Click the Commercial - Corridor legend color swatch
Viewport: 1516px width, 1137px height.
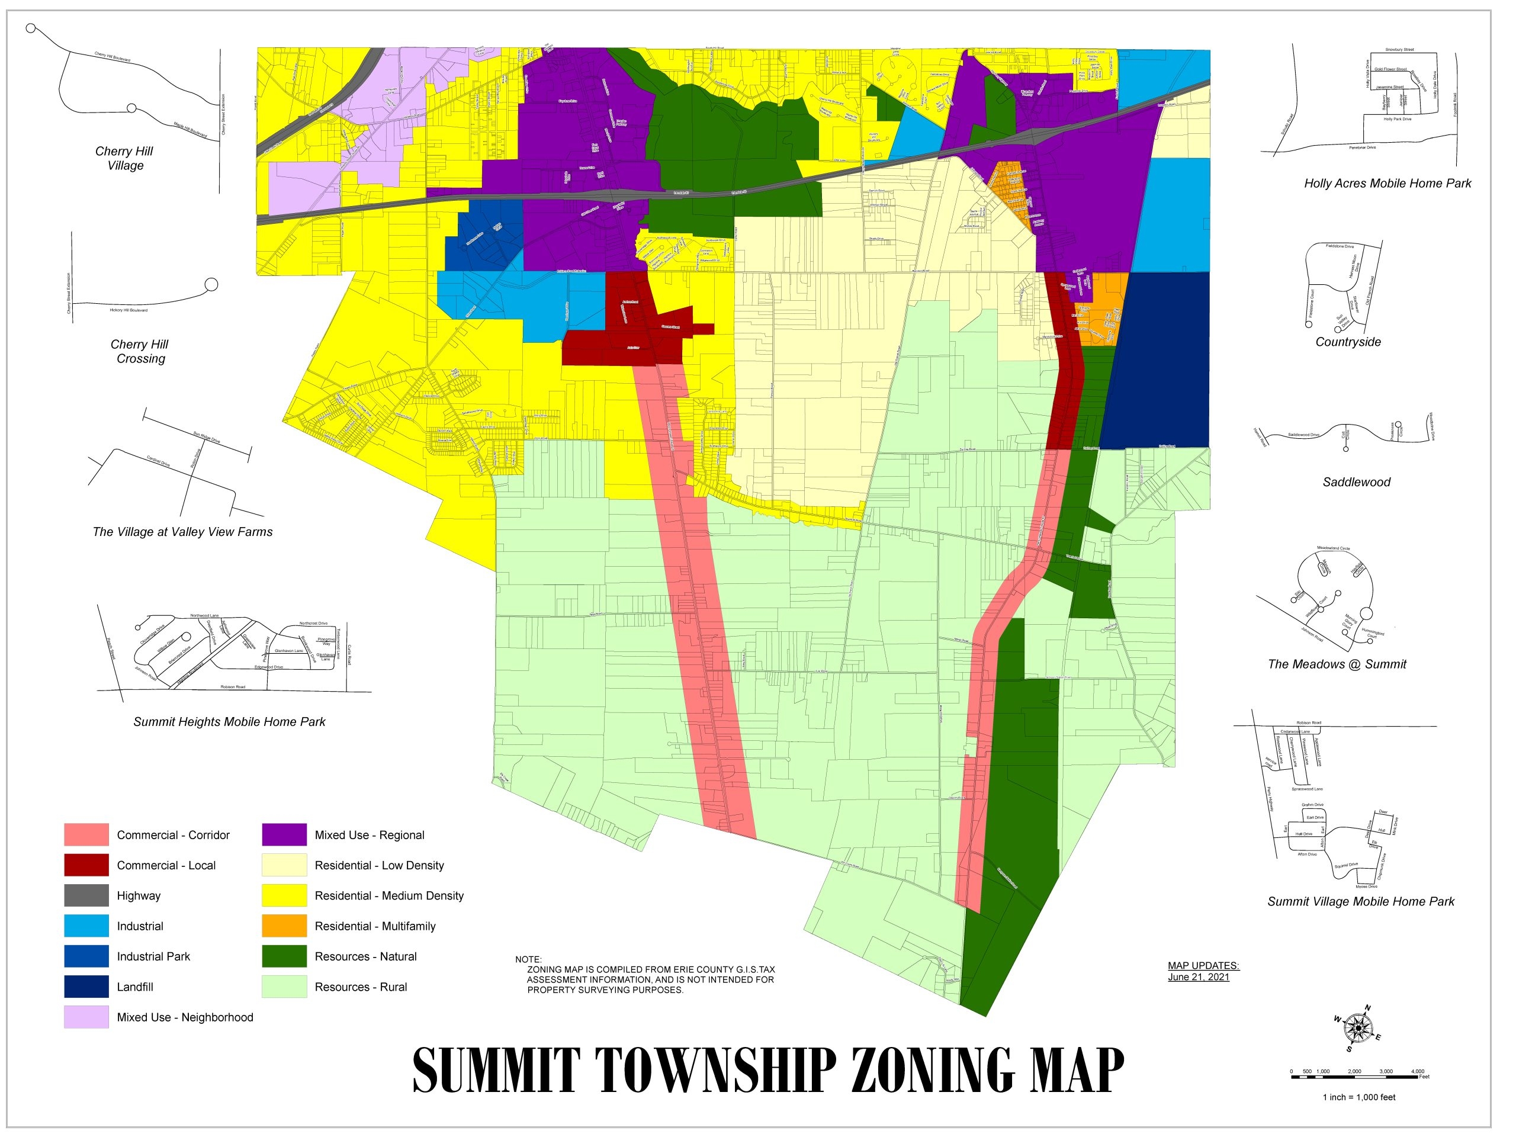click(86, 835)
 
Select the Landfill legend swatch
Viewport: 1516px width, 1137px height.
click(86, 987)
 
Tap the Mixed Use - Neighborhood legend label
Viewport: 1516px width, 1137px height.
click(185, 1017)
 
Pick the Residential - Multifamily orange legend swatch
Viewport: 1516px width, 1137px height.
click(284, 926)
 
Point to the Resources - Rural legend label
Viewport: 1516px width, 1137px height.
click(361, 987)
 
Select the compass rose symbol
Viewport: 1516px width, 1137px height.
click(1357, 1028)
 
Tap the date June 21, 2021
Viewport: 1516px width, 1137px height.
click(1199, 977)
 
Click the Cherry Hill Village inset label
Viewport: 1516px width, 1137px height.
click(125, 158)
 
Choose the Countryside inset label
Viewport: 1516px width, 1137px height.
click(1348, 342)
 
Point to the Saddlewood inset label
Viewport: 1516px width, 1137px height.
click(1356, 482)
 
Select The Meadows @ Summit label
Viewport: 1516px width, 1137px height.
click(1337, 664)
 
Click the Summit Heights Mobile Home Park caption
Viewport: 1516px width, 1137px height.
click(229, 722)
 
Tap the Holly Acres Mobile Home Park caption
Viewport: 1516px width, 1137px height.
click(1387, 183)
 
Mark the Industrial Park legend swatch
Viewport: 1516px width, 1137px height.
click(86, 956)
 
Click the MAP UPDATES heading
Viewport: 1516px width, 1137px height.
click(1203, 966)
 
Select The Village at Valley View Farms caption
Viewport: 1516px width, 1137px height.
click(182, 532)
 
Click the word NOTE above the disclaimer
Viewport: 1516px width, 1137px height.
click(528, 959)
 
